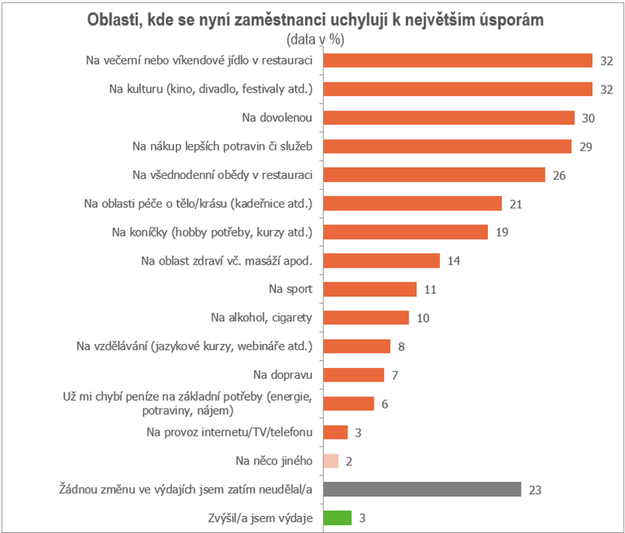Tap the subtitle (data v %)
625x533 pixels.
tap(315, 39)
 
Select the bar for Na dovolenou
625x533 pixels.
tap(448, 117)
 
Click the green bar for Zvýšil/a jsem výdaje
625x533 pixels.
tap(337, 517)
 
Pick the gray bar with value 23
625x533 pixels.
tap(421, 489)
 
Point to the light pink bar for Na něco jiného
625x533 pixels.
tap(331, 461)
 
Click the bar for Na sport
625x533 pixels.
tap(369, 289)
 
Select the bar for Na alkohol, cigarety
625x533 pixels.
tap(365, 317)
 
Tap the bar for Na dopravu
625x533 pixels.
tap(353, 374)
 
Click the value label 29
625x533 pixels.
tap(585, 146)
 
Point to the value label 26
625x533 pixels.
tap(559, 175)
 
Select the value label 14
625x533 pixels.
tap(454, 261)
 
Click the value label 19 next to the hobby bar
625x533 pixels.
tap(501, 232)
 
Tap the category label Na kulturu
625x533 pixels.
tap(211, 89)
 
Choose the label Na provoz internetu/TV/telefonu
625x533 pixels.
tap(230, 432)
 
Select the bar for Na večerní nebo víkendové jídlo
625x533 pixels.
tap(458, 61)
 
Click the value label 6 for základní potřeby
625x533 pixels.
tap(384, 403)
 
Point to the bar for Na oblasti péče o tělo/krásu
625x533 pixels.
tap(412, 203)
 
